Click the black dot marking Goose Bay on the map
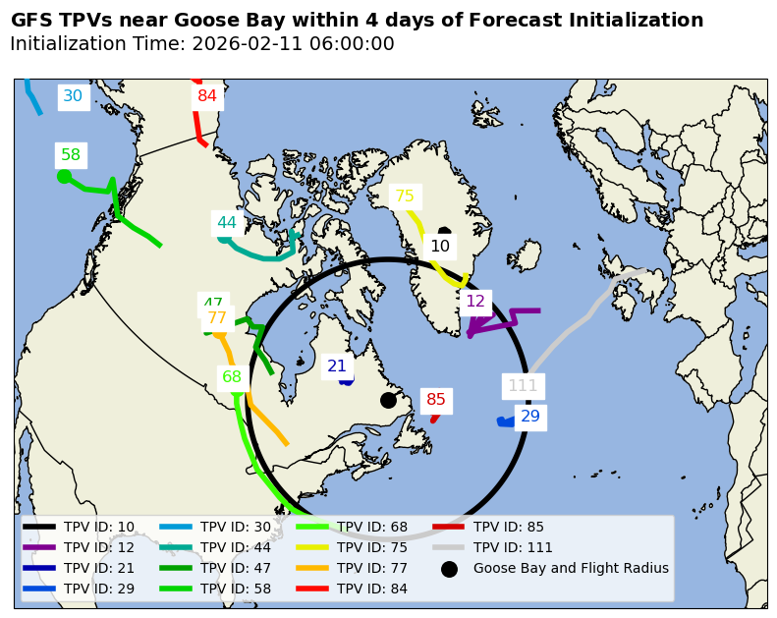point(388,400)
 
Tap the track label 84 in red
point(207,96)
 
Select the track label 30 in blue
point(73,96)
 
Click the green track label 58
point(71,155)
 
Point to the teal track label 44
point(227,223)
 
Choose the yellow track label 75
point(405,197)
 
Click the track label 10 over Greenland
point(440,247)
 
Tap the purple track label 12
point(475,302)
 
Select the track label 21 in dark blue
point(337,366)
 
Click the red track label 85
point(436,400)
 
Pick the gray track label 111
point(523,386)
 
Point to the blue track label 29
point(530,417)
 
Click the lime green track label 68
point(232,377)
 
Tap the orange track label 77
point(217,318)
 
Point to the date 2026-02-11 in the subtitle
point(239,44)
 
